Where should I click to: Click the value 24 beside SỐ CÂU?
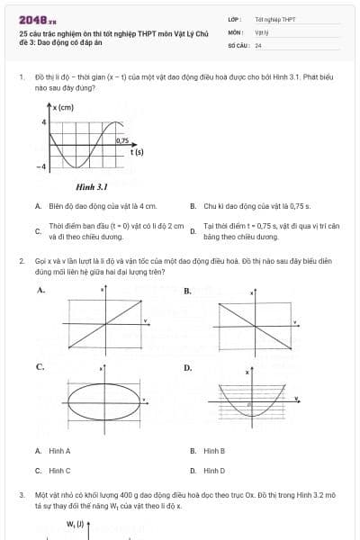[258, 44]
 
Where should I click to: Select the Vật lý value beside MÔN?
[262, 31]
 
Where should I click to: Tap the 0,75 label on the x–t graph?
[122, 140]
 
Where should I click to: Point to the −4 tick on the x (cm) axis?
[40, 167]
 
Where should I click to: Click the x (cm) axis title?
[63, 108]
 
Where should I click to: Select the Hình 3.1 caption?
[92, 187]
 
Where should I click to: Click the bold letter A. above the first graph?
[40, 291]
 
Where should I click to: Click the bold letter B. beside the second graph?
[187, 291]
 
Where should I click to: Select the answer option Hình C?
[59, 470]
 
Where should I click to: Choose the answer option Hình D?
[214, 470]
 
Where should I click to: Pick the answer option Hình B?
[214, 450]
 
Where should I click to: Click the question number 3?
[22, 494]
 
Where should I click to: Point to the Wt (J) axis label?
[75, 523]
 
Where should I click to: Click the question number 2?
[22, 260]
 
